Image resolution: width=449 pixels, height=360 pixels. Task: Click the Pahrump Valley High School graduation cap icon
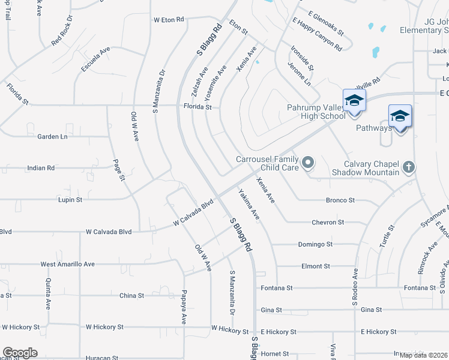point(354,100)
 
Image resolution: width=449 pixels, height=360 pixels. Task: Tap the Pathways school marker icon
point(400,115)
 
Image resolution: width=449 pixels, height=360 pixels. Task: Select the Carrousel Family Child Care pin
point(308,162)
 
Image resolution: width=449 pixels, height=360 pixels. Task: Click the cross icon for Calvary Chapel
point(409,167)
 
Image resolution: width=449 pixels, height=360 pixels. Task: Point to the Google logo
point(20,353)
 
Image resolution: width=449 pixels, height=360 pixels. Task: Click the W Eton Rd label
point(169,20)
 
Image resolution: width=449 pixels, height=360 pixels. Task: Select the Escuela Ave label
point(96,60)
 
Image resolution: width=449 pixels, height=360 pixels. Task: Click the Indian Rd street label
point(41,168)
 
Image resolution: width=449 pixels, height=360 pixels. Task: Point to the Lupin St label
point(70,199)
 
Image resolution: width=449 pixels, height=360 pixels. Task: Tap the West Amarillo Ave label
point(67,264)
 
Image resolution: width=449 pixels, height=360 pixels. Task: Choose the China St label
point(131,295)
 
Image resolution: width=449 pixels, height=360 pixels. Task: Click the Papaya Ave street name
point(184,307)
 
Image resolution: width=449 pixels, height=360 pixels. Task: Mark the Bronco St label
point(340,200)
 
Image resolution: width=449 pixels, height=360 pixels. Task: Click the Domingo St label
point(315,244)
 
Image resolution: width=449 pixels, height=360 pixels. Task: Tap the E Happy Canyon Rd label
point(317,35)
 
